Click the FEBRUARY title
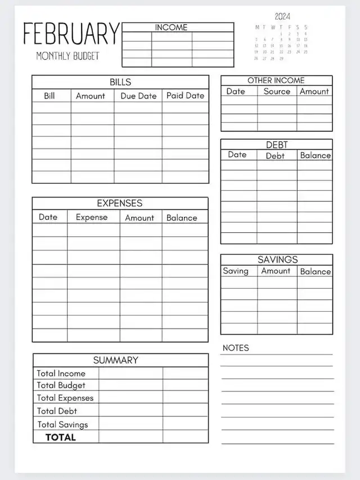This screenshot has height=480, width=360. pos(71,34)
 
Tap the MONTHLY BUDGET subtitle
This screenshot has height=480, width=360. pos(67,56)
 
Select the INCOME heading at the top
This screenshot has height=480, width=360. pos(171,27)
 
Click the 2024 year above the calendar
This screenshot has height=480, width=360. pos(282,16)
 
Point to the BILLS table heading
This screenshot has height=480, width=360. pos(120,82)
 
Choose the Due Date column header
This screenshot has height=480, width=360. pos(138,96)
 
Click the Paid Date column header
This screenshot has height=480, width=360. pos(185,96)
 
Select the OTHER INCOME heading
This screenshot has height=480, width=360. pos(276,80)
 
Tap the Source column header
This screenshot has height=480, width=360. pos(277,91)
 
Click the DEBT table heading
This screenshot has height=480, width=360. pos(277,145)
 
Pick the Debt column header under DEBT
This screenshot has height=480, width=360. pos(275,156)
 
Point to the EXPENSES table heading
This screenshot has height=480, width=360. pos(120,203)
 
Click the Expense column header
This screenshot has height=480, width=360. pos(92,217)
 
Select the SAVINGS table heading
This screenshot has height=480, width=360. pos(278,259)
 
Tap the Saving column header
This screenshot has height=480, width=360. pos(236,271)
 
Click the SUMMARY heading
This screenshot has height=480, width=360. pos(116,360)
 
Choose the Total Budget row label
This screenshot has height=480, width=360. pos(61,385)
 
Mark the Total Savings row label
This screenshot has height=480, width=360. pos(63,425)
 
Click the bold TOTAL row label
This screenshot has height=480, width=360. pos(61,437)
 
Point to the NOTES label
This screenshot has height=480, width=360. pos(236,348)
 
